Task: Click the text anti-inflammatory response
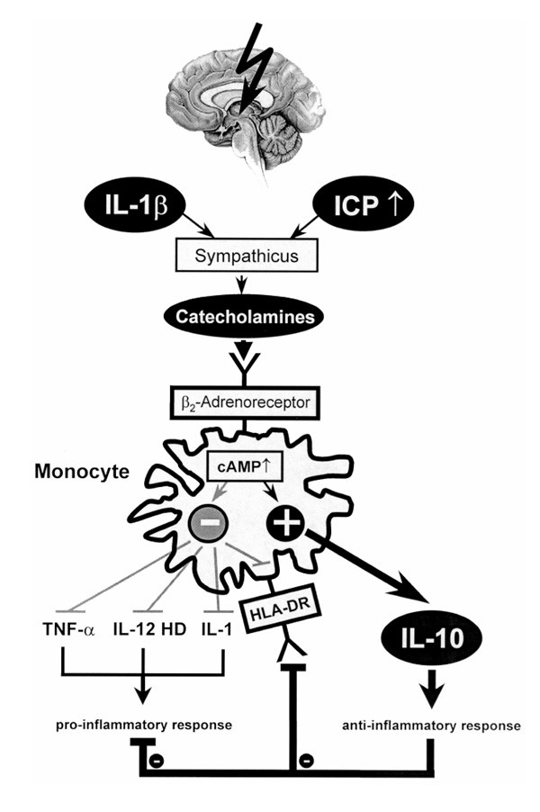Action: click(433, 725)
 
